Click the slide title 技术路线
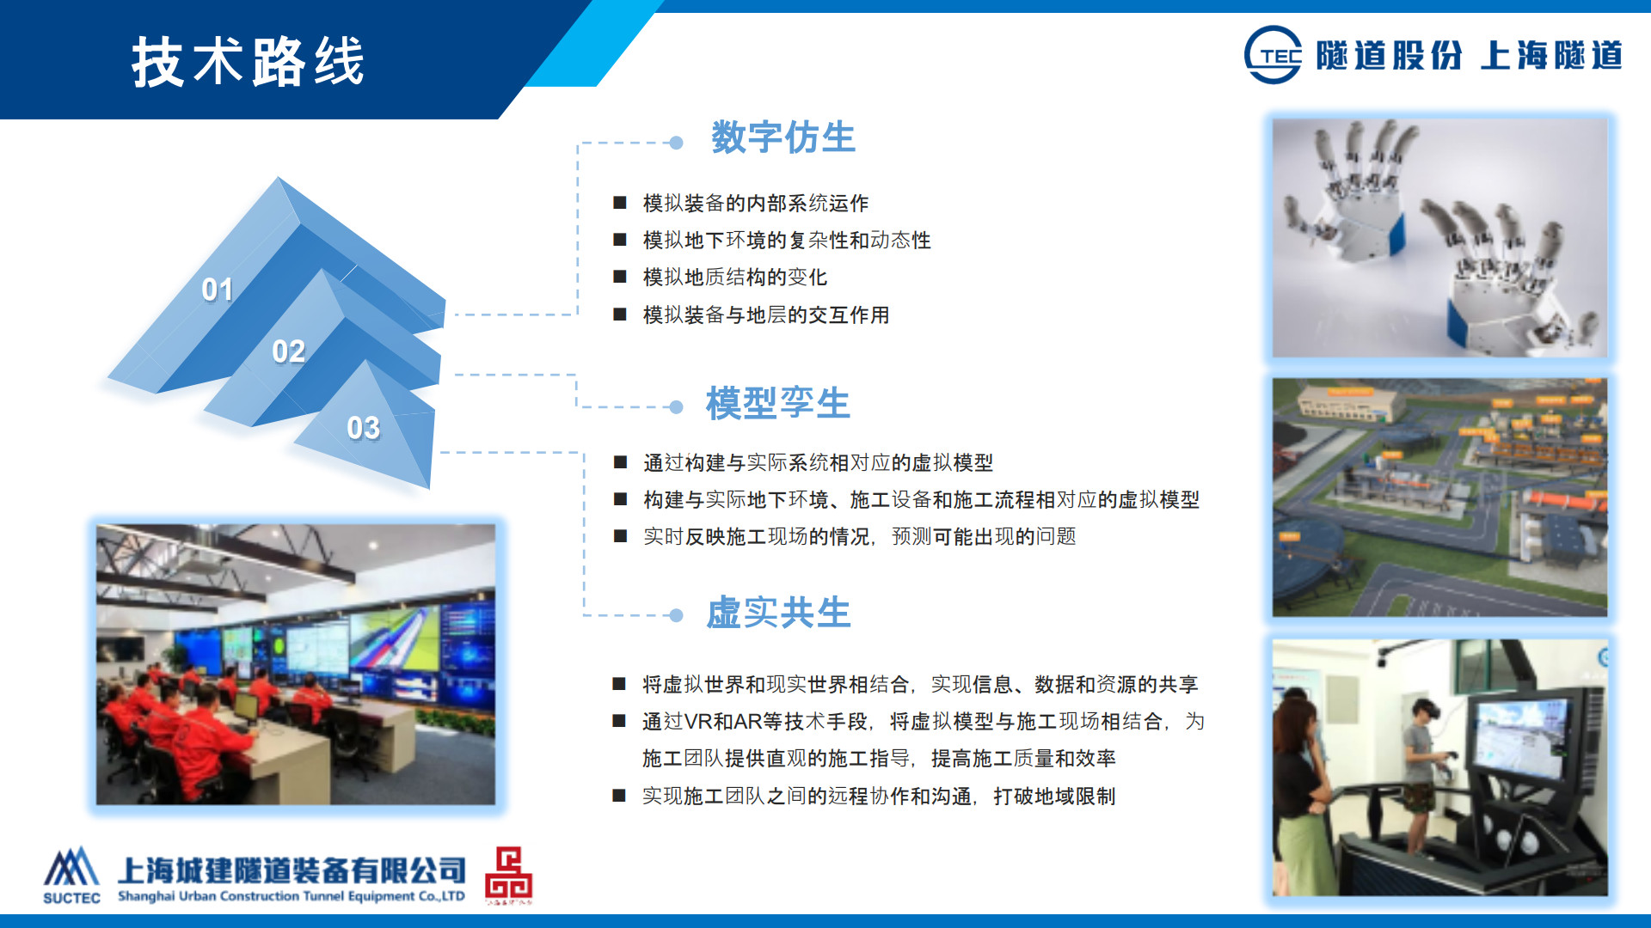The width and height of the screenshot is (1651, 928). [x=248, y=62]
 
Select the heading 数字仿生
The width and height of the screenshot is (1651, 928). [x=783, y=137]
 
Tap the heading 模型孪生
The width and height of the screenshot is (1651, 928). [x=778, y=404]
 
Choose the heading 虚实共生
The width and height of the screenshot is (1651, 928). [x=778, y=614]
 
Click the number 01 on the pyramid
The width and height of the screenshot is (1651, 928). [x=217, y=290]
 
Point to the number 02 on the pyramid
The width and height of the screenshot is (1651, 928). [x=288, y=351]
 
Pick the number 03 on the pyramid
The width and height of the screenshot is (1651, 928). [x=363, y=428]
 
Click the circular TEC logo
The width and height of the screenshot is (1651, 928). [x=1273, y=55]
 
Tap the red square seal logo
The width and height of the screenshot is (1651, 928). [x=508, y=874]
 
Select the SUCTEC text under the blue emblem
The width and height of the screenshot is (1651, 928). [x=71, y=898]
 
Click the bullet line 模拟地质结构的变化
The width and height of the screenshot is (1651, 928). [x=735, y=278]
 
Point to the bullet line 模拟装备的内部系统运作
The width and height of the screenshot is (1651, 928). [x=756, y=204]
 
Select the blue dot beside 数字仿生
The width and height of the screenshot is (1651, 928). [x=676, y=143]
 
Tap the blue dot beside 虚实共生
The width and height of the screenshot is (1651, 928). [x=676, y=615]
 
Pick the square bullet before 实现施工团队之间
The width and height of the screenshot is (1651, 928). [x=619, y=796]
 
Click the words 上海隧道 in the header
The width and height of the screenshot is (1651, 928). [x=1551, y=56]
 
